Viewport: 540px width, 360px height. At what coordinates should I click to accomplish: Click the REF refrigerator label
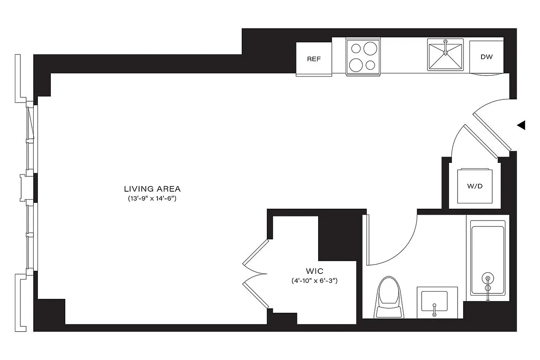(x=314, y=59)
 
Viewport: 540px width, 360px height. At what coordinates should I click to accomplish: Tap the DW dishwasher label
(x=486, y=57)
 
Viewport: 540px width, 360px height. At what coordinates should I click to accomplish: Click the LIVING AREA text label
(x=153, y=189)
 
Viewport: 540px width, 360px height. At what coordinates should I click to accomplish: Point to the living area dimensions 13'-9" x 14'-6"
(x=153, y=198)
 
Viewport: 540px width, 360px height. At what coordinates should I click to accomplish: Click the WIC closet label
(x=315, y=271)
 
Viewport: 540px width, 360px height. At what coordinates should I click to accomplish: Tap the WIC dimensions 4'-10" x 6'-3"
(x=315, y=281)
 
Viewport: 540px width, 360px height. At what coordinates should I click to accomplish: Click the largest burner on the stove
(x=369, y=48)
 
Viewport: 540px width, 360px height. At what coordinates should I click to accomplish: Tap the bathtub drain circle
(x=487, y=278)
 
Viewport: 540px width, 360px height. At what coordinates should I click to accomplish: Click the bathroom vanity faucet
(x=434, y=310)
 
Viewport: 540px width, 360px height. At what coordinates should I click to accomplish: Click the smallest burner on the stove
(x=370, y=65)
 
